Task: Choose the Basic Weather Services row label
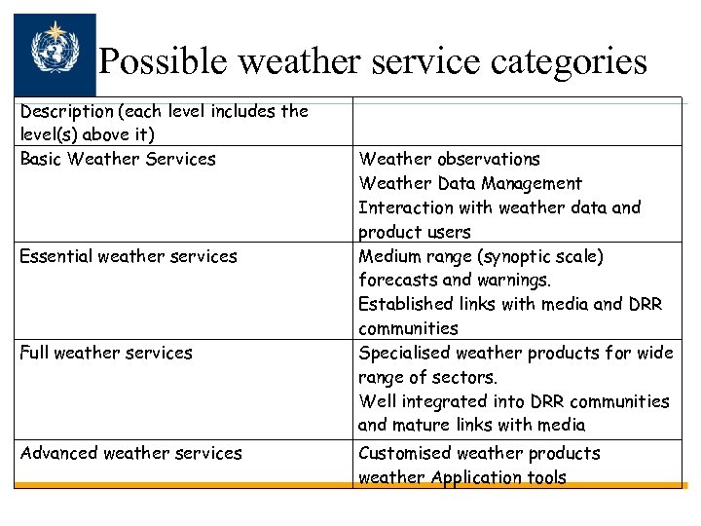pyautogui.click(x=118, y=159)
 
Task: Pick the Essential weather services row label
pyautogui.click(x=129, y=256)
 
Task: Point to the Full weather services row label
pyautogui.click(x=106, y=353)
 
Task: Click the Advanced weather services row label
pyautogui.click(x=131, y=453)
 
